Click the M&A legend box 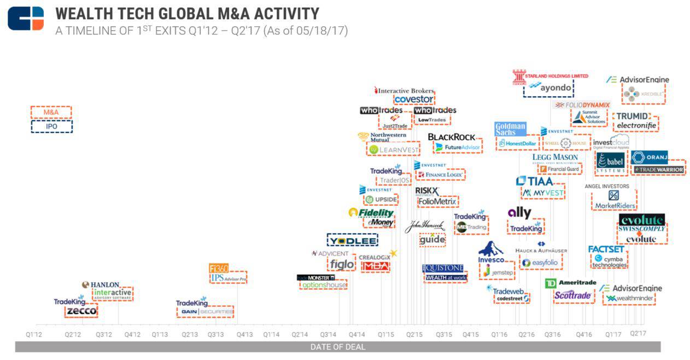coord(51,112)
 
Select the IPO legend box coord(51,126)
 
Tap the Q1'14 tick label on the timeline coord(271,334)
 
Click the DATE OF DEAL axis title coord(337,347)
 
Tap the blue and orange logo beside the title coord(25,18)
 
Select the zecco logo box coord(81,311)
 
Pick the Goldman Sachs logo coord(510,129)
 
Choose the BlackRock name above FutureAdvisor coord(451,137)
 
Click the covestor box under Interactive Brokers coord(414,100)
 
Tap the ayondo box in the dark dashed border coord(548,88)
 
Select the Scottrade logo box coord(572,296)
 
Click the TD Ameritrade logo coord(569,283)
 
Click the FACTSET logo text coord(606,249)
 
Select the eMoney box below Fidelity coord(378,223)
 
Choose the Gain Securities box coord(206,311)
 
